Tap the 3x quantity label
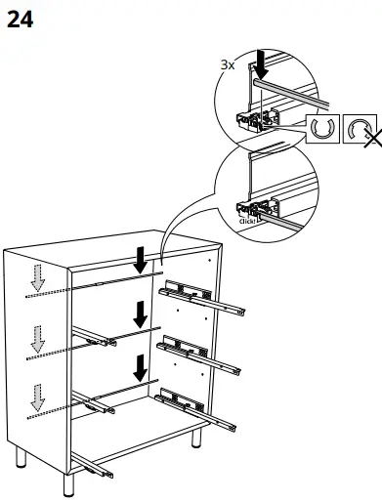coord(227,64)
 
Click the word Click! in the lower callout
coord(248,222)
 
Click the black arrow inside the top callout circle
coord(262,65)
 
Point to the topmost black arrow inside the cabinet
coord(142,261)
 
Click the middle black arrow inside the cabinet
coord(142,314)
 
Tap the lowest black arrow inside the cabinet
coord(142,367)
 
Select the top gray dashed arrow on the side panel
coord(37,278)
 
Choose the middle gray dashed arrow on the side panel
coord(37,339)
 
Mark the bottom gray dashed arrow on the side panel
coord(37,397)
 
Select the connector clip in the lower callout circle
coord(256,208)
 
